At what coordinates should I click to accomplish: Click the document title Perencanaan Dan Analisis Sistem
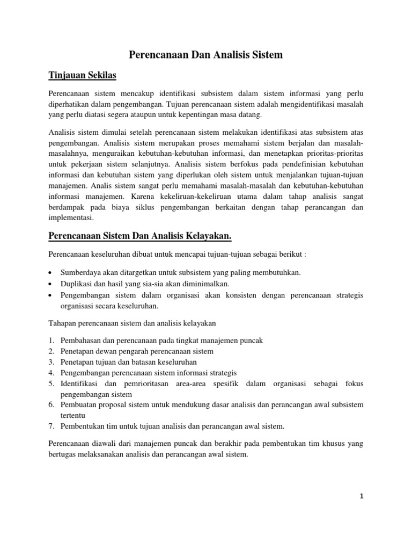[206, 55]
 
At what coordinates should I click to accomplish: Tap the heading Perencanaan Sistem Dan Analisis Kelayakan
[140, 236]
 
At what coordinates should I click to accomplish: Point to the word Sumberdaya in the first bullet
[79, 273]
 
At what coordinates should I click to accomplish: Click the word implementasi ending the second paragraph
[70, 218]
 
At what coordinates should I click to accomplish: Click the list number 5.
[51, 383]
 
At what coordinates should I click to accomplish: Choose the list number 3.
[51, 362]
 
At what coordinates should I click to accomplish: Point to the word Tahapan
[63, 322]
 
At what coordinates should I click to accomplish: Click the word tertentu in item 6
[73, 415]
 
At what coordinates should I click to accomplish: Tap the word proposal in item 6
[116, 404]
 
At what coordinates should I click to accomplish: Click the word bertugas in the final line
[63, 454]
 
